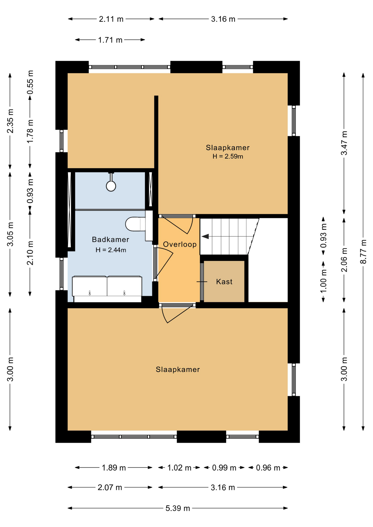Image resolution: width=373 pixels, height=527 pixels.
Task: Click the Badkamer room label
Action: click(110, 240)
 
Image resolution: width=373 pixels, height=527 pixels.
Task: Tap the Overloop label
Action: click(180, 244)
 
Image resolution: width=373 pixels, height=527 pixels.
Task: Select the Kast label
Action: click(224, 282)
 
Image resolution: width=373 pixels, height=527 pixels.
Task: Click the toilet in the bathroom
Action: click(135, 224)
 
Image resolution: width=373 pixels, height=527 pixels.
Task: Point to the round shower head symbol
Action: click(111, 186)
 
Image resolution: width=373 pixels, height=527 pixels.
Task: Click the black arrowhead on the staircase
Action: click(205, 236)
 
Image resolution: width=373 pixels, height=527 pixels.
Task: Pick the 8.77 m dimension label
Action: click(363, 252)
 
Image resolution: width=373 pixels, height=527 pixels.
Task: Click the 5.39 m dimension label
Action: click(178, 508)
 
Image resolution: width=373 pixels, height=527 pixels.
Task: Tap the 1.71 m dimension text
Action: click(110, 40)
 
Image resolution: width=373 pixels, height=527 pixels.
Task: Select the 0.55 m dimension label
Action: click(30, 82)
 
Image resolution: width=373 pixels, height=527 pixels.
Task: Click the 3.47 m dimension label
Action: click(344, 143)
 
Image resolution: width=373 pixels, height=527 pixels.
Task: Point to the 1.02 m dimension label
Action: click(179, 468)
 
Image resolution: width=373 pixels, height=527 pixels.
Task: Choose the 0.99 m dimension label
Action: click(224, 468)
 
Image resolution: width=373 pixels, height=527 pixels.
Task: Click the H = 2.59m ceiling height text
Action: click(228, 156)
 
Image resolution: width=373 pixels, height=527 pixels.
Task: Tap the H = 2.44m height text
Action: click(111, 250)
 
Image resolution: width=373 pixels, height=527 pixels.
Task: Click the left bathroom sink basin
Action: click(90, 286)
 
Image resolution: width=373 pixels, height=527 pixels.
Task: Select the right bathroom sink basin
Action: click(124, 286)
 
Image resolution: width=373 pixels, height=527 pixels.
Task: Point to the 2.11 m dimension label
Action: click(111, 19)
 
